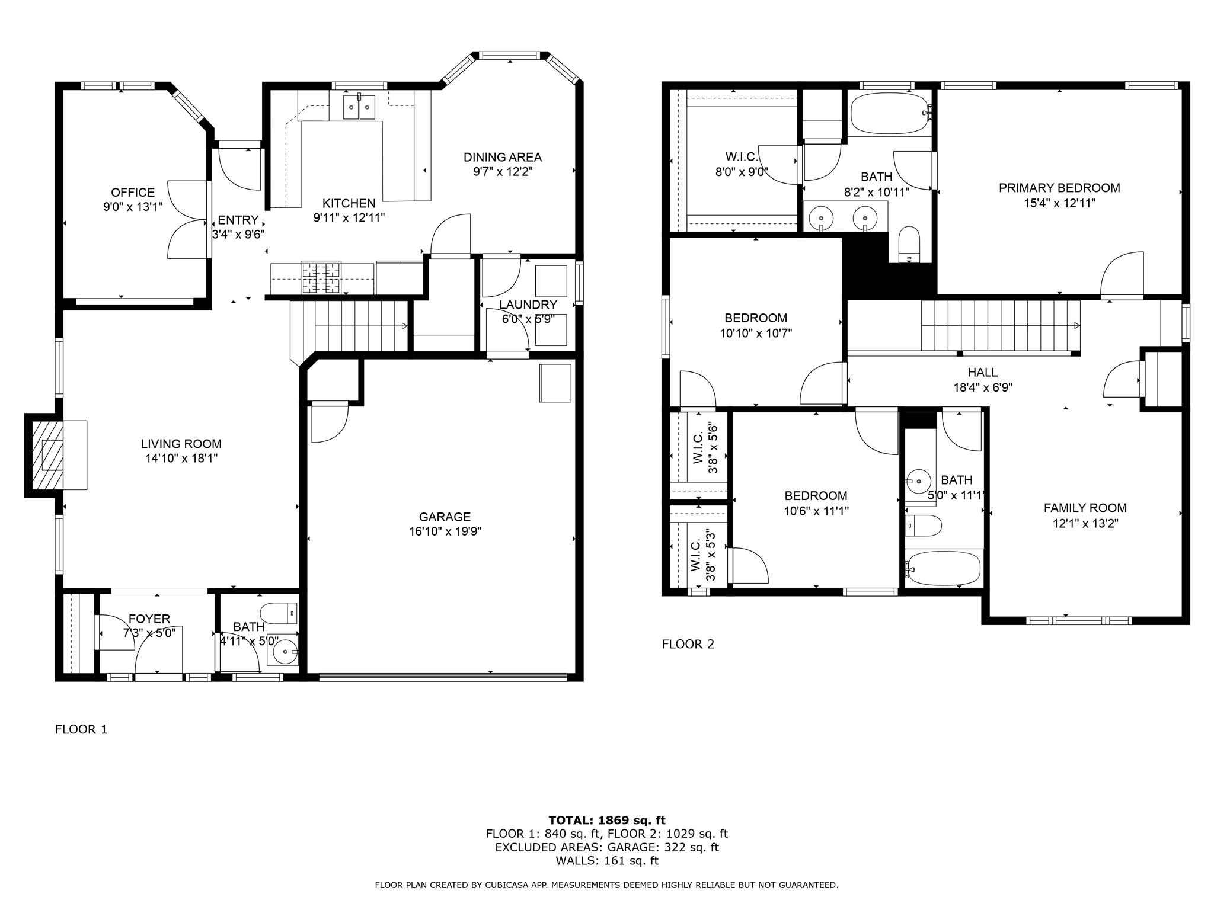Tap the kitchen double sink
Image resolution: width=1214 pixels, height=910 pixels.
(359, 107)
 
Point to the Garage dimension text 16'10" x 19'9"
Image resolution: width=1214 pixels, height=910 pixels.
(445, 531)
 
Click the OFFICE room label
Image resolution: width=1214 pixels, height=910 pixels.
(133, 193)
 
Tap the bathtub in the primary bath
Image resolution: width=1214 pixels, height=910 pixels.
(889, 113)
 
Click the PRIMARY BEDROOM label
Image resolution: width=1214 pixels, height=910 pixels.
(1059, 188)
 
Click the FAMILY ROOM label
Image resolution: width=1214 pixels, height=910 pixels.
(1085, 508)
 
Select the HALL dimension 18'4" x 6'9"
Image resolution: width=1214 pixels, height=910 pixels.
(982, 388)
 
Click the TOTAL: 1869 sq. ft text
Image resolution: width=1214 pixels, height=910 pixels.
(606, 820)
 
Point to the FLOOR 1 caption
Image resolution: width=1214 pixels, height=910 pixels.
(81, 729)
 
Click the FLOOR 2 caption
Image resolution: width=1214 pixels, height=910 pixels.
(688, 644)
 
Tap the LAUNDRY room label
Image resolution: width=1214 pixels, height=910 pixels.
(528, 305)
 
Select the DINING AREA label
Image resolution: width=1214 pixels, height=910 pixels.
(502, 157)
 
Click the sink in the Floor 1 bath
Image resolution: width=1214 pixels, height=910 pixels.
(285, 652)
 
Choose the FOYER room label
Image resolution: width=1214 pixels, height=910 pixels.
(149, 619)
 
